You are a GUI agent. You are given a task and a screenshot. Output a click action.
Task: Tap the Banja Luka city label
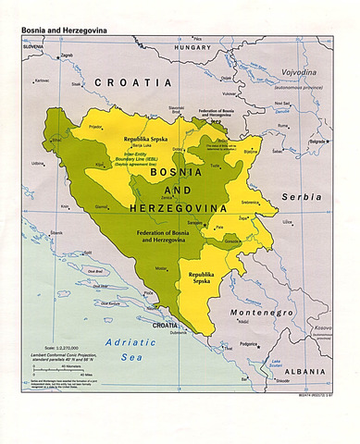click(140, 145)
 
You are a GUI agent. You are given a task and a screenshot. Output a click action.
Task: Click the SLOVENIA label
click(34, 46)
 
